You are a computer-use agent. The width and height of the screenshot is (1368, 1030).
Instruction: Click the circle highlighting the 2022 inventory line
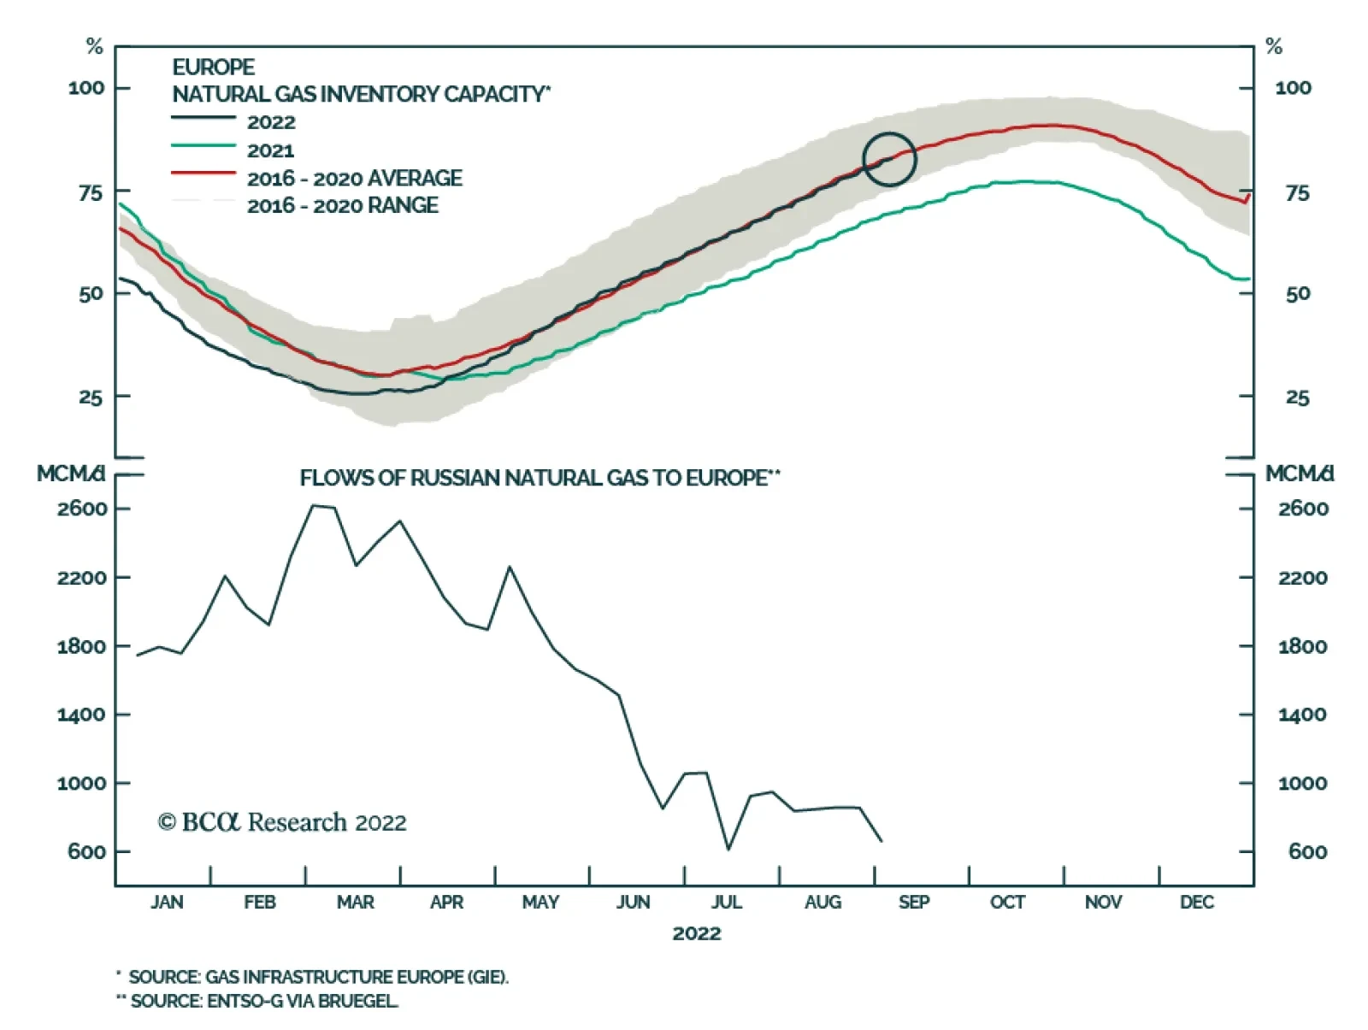pyautogui.click(x=889, y=159)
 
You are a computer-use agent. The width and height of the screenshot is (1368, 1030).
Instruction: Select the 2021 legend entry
pyautogui.click(x=270, y=150)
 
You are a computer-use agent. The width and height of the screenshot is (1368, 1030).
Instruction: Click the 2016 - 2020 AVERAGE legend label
pyautogui.click(x=354, y=178)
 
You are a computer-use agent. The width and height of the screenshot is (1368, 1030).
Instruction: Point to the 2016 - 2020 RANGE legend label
pyautogui.click(x=342, y=205)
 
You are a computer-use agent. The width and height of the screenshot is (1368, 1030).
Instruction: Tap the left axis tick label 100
pyautogui.click(x=86, y=88)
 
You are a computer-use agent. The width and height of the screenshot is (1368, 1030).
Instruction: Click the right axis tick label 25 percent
pyautogui.click(x=1297, y=397)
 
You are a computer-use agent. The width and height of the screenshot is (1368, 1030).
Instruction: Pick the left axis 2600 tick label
pyautogui.click(x=83, y=509)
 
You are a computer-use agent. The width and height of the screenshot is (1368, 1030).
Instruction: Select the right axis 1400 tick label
pyautogui.click(x=1302, y=715)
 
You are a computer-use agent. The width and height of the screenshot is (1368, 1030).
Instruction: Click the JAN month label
pyautogui.click(x=167, y=903)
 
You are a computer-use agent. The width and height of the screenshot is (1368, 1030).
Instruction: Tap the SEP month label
pyautogui.click(x=914, y=903)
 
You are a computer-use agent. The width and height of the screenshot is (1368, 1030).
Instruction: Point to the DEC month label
pyautogui.click(x=1196, y=903)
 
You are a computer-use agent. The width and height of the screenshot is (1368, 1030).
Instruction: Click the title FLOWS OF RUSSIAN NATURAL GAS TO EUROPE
pyautogui.click(x=540, y=478)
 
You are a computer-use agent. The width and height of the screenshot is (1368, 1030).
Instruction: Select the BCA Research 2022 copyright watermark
pyautogui.click(x=282, y=822)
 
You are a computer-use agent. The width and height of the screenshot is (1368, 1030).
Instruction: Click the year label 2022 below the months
pyautogui.click(x=696, y=933)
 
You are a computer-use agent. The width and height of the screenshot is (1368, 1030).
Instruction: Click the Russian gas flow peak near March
pyautogui.click(x=312, y=505)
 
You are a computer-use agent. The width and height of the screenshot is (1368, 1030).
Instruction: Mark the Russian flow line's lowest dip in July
pyautogui.click(x=728, y=849)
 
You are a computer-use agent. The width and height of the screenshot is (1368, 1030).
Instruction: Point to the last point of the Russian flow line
pyautogui.click(x=882, y=841)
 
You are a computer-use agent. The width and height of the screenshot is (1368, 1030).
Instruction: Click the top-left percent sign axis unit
pyautogui.click(x=94, y=47)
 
